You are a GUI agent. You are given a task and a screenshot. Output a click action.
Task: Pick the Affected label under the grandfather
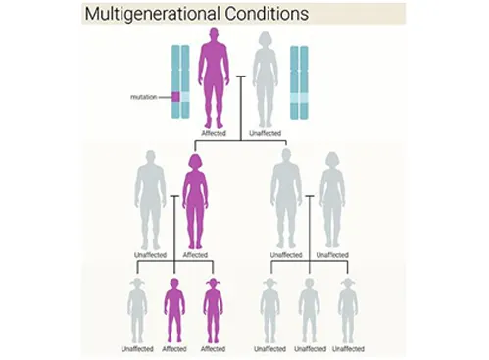214,131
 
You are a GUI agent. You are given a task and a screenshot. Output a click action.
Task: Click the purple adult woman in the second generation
194,201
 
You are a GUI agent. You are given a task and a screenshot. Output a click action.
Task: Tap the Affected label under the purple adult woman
195,255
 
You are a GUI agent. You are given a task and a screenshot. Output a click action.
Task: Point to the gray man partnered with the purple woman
151,201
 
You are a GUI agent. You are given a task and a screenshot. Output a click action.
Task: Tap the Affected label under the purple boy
174,348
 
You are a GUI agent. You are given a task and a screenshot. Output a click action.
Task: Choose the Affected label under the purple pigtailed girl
213,348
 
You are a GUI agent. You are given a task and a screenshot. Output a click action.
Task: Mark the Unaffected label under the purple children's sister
137,348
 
